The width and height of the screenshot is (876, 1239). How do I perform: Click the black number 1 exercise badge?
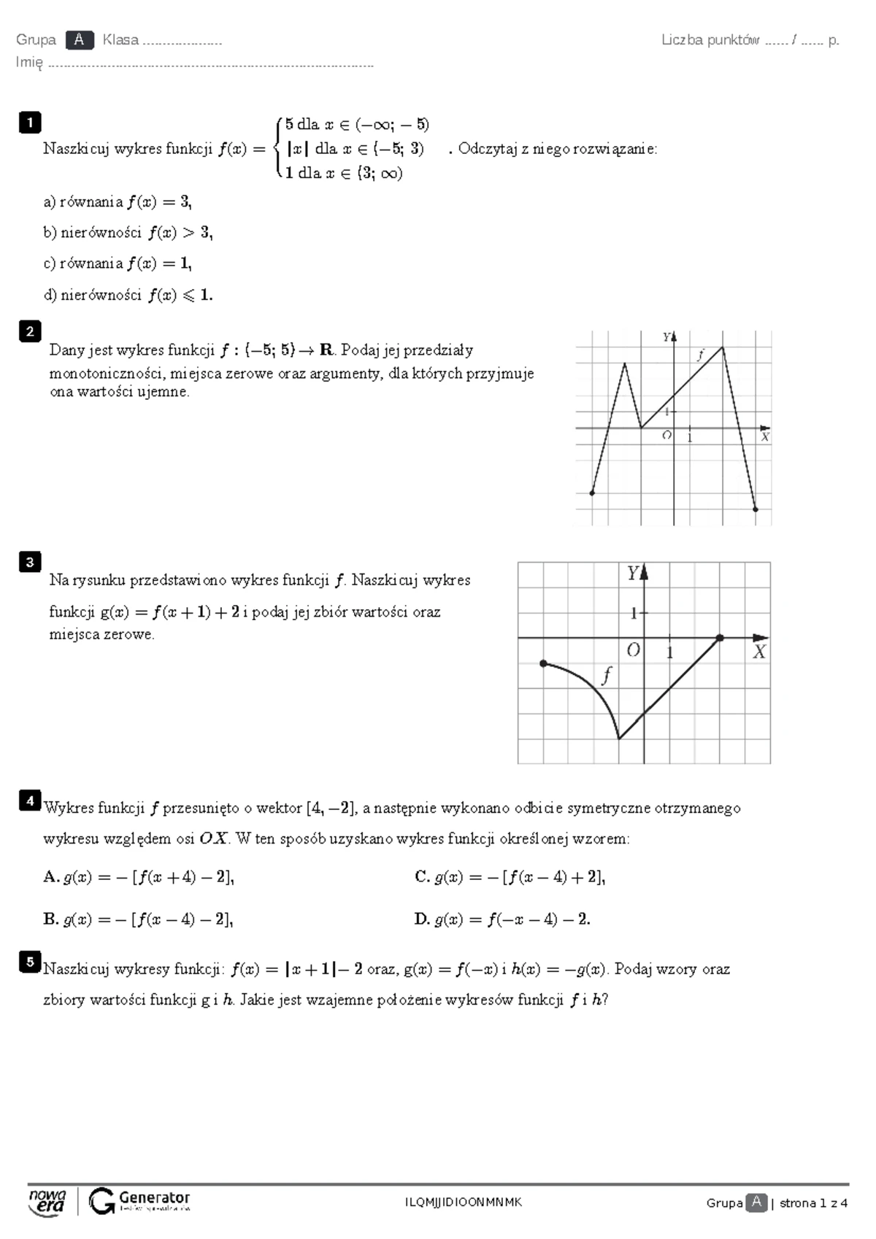30,122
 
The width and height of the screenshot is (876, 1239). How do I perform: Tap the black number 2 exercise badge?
30,331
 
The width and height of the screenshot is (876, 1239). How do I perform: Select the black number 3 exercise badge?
30,562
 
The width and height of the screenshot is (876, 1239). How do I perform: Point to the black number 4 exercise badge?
30,800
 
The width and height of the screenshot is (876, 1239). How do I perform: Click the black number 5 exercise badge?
30,962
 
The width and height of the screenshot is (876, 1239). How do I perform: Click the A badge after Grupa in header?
79,40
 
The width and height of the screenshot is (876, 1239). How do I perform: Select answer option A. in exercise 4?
50,877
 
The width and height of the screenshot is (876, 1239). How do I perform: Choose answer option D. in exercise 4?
422,919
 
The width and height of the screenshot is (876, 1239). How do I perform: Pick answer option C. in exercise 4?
422,877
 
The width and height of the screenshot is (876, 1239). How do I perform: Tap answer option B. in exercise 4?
50,919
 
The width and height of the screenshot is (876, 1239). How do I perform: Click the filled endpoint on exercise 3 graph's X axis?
720,638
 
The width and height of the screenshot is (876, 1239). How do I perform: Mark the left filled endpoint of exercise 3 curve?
543,663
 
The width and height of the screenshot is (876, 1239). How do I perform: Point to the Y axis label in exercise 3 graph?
633,574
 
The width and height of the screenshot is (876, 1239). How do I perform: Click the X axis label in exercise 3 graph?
759,652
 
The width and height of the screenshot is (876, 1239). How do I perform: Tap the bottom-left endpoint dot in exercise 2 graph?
592,493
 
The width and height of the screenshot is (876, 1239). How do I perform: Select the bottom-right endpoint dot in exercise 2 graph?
756,509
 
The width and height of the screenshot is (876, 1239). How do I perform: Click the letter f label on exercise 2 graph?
700,355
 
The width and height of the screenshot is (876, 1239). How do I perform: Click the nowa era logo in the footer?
47,1202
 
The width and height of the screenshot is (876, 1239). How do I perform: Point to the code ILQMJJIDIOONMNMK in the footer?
464,1203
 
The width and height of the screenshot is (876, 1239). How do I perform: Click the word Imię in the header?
29,63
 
